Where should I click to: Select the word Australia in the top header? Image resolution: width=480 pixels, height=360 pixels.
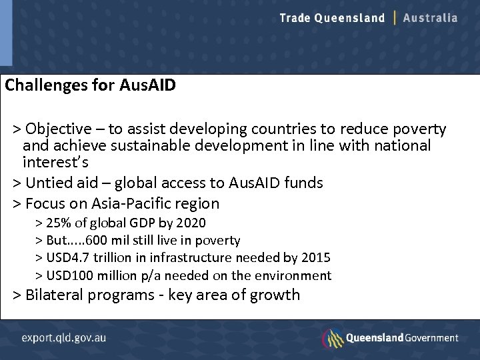coord(431,18)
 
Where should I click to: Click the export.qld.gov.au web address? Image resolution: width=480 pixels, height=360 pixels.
coord(64,337)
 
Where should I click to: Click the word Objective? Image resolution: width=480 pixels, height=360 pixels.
coord(59,129)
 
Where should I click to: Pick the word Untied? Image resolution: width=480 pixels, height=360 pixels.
coord(47,183)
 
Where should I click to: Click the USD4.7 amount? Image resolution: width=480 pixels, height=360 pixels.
coord(67,257)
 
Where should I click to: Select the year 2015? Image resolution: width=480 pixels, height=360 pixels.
coord(315,257)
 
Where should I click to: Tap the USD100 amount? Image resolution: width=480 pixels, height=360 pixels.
coord(69,275)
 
